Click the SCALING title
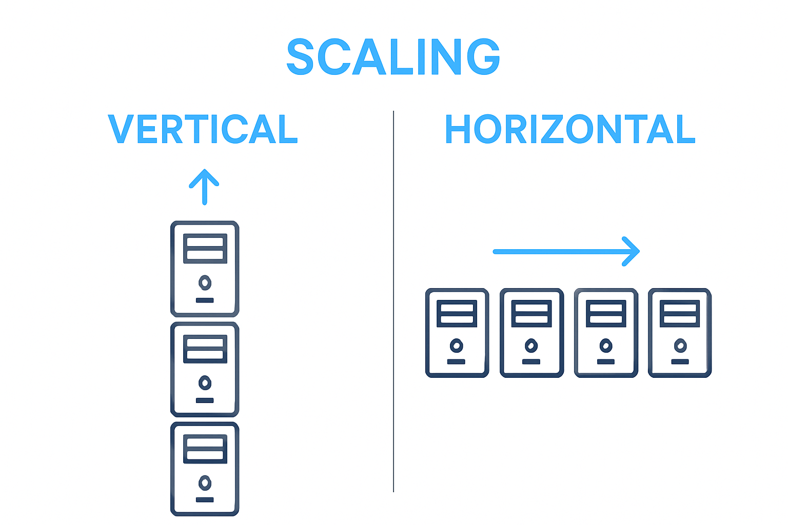tap(393, 57)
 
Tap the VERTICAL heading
tap(203, 129)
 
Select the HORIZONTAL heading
tap(569, 129)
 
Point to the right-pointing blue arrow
tap(566, 251)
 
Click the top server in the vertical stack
tap(205, 269)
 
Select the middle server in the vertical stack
tap(205, 369)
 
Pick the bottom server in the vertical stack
tap(205, 469)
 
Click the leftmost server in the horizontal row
tap(457, 333)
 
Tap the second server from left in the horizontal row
tap(531, 333)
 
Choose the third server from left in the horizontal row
tap(606, 333)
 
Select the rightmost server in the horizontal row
tap(680, 333)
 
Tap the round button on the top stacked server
tap(205, 282)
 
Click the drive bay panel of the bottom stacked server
tap(205, 449)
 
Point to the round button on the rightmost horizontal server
tap(680, 346)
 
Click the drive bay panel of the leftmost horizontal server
tap(457, 313)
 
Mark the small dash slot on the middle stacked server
tap(205, 400)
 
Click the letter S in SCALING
tap(300, 57)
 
